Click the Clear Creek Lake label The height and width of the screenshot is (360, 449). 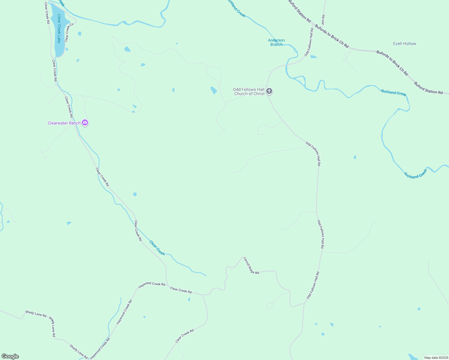pyautogui.click(x=59, y=29)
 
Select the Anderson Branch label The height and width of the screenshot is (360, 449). pyautogui.click(x=276, y=42)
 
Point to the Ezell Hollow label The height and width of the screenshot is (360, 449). pyautogui.click(x=405, y=43)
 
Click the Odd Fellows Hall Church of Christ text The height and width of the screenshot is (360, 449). pyautogui.click(x=249, y=91)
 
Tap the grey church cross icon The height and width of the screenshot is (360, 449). pyautogui.click(x=269, y=91)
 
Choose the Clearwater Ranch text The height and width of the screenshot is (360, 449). pyautogui.click(x=64, y=123)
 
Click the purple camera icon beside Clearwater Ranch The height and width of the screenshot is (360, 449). pyautogui.click(x=85, y=122)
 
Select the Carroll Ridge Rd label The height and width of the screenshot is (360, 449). pyautogui.click(x=251, y=265)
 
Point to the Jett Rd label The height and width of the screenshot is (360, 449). pyautogui.click(x=323, y=20)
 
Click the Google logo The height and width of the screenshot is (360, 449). pyautogui.click(x=10, y=356)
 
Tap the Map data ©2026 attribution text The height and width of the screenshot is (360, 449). pyautogui.click(x=436, y=358)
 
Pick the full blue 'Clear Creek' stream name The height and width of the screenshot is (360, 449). pyautogui.click(x=157, y=248)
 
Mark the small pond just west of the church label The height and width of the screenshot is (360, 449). pyautogui.click(x=213, y=90)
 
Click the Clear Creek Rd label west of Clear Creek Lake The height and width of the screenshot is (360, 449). pyautogui.click(x=47, y=13)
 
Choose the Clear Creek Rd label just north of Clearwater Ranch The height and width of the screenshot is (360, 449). pyautogui.click(x=69, y=107)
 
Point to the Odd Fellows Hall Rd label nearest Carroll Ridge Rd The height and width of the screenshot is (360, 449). pyautogui.click(x=313, y=285)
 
